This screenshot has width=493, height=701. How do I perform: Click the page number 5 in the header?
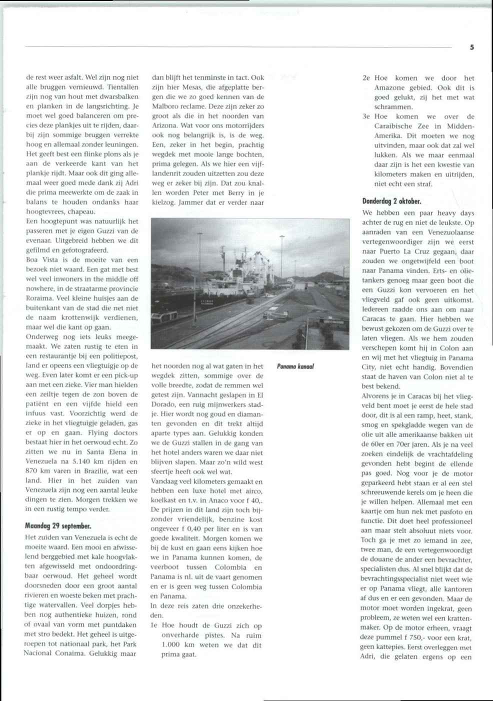tap(472, 47)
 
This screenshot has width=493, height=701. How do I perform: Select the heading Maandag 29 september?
tap(58, 526)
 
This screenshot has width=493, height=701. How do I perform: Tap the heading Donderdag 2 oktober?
tap(391, 201)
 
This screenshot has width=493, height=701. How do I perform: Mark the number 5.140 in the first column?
tap(80, 461)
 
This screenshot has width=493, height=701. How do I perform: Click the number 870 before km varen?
tap(32, 471)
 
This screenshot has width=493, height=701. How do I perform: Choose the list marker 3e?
tap(366, 116)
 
